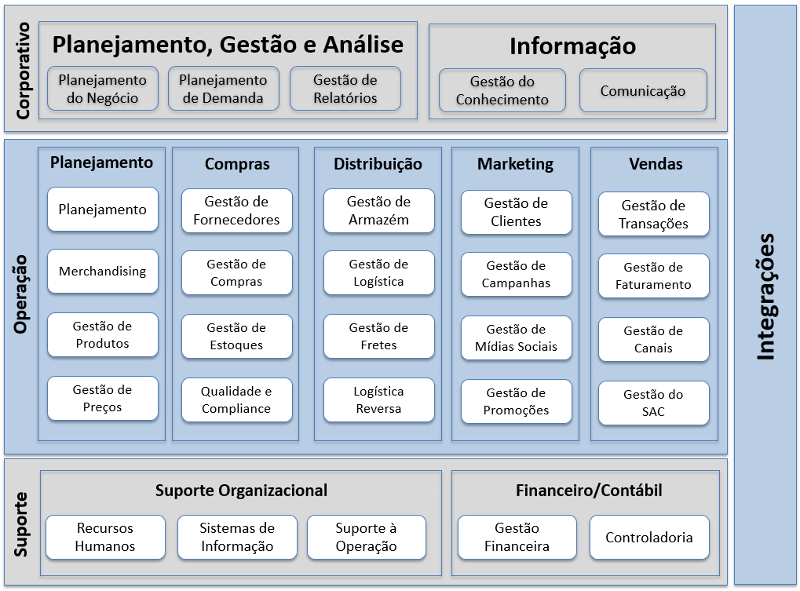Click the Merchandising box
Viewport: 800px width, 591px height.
pos(103,271)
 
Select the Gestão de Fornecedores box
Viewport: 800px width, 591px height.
pos(237,210)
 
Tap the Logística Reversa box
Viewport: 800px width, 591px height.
pos(379,399)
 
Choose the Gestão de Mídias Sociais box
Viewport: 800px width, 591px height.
pos(517,337)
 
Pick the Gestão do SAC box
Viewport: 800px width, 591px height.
pos(653,403)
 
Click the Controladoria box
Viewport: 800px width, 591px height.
pos(649,538)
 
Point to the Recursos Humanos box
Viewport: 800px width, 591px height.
pos(106,538)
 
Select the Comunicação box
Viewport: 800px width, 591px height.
pos(643,90)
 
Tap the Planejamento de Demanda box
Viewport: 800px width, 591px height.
pos(224,88)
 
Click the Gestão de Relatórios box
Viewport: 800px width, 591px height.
pos(345,88)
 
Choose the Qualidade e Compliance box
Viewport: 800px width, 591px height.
pos(237,399)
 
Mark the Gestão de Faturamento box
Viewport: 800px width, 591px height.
pos(653,275)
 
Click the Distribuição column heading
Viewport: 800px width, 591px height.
pos(378,164)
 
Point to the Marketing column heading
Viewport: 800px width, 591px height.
pos(515,164)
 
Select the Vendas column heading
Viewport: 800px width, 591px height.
pos(656,164)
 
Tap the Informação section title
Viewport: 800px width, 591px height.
pos(572,46)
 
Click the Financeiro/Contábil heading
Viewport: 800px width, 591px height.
pos(589,491)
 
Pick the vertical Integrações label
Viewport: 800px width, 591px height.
pos(765,297)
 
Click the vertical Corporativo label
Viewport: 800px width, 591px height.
pos(23,71)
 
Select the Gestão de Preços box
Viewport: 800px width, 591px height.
pos(103,398)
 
